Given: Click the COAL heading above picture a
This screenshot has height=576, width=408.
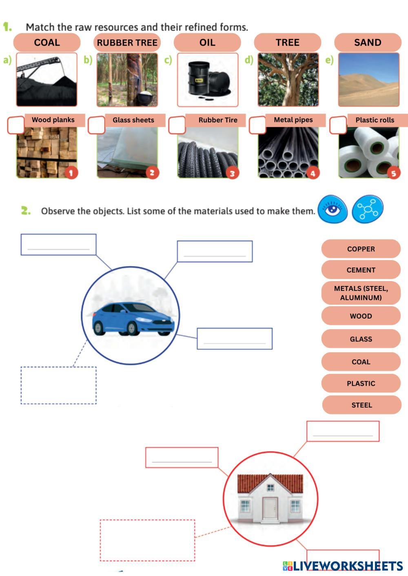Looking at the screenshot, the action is coord(47,42).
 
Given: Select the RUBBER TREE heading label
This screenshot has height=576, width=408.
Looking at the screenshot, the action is coord(127,42).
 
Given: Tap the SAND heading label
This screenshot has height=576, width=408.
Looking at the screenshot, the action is coord(368,42).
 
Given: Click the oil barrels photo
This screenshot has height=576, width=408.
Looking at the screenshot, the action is coord(208,80).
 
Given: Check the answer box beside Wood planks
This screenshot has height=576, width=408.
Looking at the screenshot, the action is coord(16,125).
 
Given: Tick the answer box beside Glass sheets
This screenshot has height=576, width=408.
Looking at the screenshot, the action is coord(96,125).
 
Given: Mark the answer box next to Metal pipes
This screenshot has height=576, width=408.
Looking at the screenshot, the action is coord(257,125).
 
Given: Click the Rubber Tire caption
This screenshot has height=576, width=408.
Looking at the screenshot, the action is coord(217,120).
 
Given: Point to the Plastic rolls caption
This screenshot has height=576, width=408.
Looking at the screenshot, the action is coord(375,120).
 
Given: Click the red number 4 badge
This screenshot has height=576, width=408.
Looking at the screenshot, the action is coord(313,173).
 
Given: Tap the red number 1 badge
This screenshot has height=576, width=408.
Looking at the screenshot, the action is coord(71,173).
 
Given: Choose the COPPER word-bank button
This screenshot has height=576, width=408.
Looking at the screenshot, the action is coord(361,249).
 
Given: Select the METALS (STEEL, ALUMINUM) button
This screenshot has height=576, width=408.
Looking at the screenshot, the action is coord(361,293).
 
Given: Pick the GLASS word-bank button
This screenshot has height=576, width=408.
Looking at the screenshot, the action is coord(361,339).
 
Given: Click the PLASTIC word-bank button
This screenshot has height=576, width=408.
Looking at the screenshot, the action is coord(361,383).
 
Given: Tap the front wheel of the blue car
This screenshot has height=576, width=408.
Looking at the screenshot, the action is coord(131,328).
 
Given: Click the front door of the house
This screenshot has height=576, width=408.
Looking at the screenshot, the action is coord(270,508).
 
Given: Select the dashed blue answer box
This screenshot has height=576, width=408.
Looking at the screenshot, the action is coord(59,385).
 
